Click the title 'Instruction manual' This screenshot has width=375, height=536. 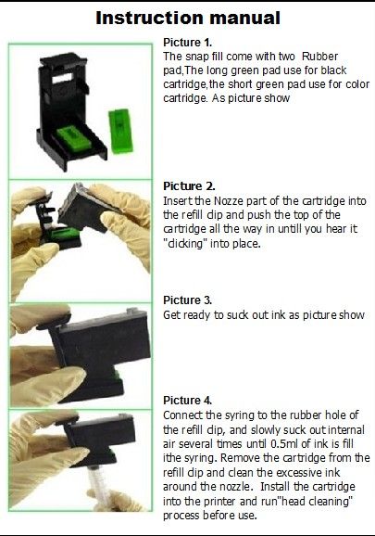click(x=188, y=19)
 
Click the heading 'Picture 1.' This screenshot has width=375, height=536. click(x=188, y=43)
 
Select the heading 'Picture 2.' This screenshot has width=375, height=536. click(x=189, y=186)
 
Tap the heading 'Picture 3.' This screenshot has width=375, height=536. click(x=188, y=300)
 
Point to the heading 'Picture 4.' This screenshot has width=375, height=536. click(x=188, y=401)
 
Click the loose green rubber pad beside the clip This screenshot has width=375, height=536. click(x=120, y=131)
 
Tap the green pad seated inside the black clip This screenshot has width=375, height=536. click(x=72, y=137)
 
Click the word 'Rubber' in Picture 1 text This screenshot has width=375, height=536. click(x=320, y=57)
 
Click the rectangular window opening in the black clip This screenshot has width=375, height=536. click(x=62, y=79)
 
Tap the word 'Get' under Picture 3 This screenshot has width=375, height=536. click(x=171, y=315)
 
